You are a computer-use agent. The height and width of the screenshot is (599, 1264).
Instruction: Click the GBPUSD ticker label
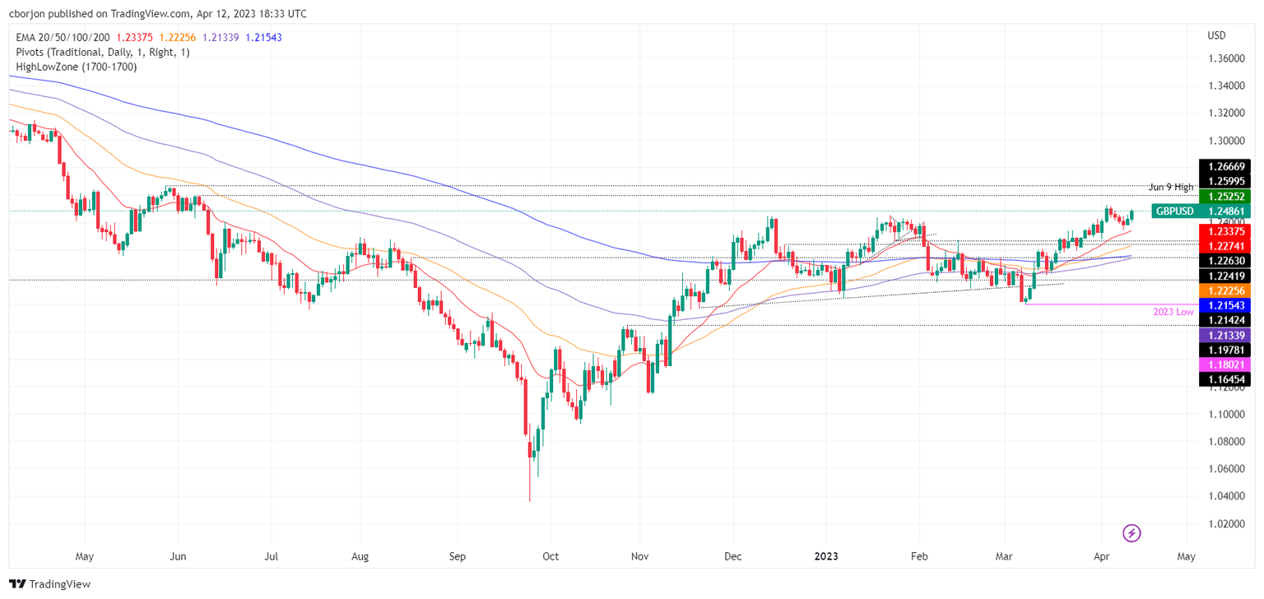(1175, 211)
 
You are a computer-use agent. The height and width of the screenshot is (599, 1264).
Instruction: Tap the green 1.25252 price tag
(1224, 196)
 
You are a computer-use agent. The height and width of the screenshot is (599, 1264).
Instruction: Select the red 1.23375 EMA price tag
(1224, 230)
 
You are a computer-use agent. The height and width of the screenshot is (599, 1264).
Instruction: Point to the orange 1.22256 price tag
(1224, 290)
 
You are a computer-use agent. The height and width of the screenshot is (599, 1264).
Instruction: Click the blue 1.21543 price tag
(1224, 305)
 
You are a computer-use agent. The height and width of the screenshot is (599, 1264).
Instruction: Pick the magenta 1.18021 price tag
(1224, 364)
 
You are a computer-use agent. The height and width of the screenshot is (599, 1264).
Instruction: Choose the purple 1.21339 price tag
(1224, 335)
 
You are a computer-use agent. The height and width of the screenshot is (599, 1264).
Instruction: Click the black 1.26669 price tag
(1224, 165)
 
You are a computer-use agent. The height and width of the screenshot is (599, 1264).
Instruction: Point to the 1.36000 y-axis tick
(1225, 59)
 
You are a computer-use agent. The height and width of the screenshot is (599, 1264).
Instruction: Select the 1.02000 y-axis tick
(1225, 523)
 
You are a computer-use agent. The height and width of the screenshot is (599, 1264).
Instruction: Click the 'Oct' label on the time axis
(551, 556)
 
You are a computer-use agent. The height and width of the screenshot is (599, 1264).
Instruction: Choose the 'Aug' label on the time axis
(360, 556)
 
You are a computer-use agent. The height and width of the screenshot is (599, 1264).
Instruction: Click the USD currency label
(1216, 35)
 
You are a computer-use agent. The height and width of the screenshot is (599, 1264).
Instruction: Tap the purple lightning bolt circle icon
(1132, 533)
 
